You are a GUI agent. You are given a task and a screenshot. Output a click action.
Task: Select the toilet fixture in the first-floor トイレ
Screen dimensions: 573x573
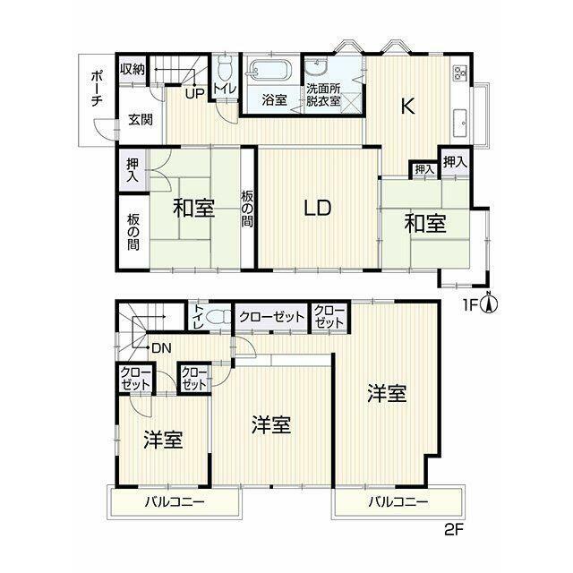pos(225,70)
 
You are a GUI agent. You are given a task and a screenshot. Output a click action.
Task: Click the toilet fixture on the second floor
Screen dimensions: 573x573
pos(218,318)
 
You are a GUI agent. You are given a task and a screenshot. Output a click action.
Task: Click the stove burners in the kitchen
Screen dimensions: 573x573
pos(460,73)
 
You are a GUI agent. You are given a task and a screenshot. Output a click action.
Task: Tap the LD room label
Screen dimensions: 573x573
pos(318,208)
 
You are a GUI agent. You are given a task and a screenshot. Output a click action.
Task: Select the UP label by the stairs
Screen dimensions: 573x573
pos(194,94)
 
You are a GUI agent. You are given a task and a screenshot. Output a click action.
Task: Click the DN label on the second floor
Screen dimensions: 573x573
pos(161,348)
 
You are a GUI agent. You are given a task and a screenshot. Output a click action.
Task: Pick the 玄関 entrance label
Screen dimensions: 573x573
pos(141,119)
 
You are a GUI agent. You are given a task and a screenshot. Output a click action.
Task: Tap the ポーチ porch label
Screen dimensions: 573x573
pos(97,89)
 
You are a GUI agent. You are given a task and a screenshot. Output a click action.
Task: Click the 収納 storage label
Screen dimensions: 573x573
pos(133,68)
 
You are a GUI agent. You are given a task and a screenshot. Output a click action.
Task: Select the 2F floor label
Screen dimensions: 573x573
pos(454,540)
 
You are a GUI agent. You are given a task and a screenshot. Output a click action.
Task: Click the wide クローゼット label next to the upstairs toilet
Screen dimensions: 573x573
pos(271,316)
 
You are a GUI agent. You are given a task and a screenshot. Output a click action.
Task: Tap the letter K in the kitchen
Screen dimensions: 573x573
pos(408,107)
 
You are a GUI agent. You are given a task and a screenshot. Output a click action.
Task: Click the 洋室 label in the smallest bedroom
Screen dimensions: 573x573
pos(163,440)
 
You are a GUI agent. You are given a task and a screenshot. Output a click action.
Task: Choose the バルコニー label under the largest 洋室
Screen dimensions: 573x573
pos(398,501)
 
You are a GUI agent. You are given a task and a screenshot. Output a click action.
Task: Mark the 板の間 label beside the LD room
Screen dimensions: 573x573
pos(247,209)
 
